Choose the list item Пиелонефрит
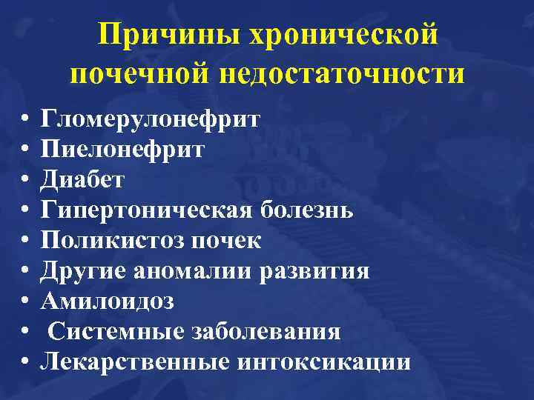[x=123, y=150]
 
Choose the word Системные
[x=114, y=332]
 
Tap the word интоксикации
[x=324, y=362]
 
